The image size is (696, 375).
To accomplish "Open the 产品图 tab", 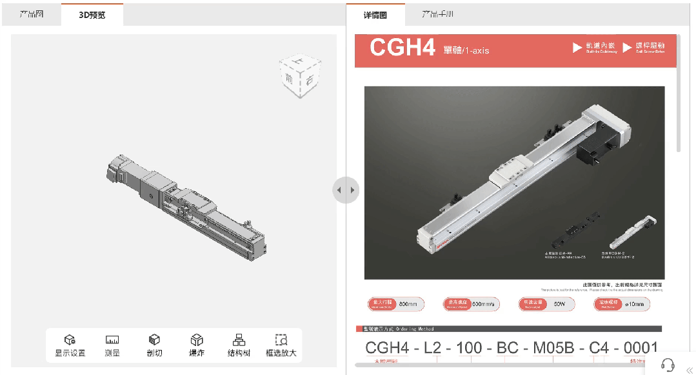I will coord(32,14).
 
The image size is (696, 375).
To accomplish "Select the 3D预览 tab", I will coord(92,15).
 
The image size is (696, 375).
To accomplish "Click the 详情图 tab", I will coord(375,15).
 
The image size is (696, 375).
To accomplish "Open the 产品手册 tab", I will coord(438,15).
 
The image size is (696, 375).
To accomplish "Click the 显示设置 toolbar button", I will coord(70,345).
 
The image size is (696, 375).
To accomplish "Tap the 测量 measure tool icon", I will coord(112,345).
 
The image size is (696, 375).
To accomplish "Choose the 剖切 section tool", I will coord(154,345).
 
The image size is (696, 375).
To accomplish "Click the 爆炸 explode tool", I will coord(197,345).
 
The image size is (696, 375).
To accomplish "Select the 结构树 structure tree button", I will coord(239,345).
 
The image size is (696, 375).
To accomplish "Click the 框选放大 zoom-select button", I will coord(281,345).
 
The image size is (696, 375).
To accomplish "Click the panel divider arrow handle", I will coord(346,190).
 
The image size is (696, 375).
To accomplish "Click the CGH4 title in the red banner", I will coord(402,48).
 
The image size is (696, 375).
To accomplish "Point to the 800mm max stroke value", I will coord(408,304).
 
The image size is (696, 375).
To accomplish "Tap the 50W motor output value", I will coord(559,304).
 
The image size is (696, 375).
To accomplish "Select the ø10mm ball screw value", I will coord(636,304).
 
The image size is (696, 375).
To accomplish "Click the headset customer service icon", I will coord(668,365).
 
